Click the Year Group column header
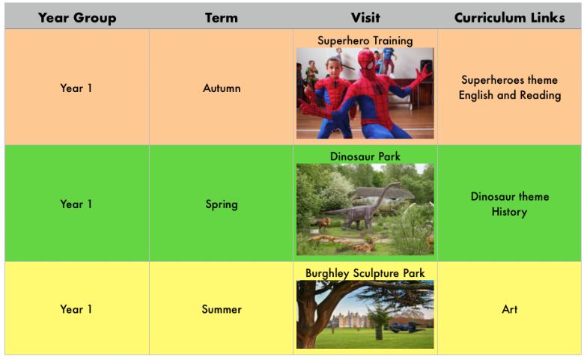click(77, 18)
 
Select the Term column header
click(221, 18)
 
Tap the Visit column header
click(365, 18)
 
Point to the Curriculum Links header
click(510, 18)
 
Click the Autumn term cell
click(222, 88)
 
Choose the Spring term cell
click(222, 204)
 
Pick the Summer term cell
click(222, 309)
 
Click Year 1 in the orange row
click(76, 88)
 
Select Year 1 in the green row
click(76, 204)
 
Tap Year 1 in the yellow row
click(76, 309)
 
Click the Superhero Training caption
click(365, 40)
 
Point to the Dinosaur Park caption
click(365, 156)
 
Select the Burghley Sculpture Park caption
click(365, 273)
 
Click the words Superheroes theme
click(510, 80)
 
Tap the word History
click(509, 212)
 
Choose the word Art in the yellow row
click(510, 309)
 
